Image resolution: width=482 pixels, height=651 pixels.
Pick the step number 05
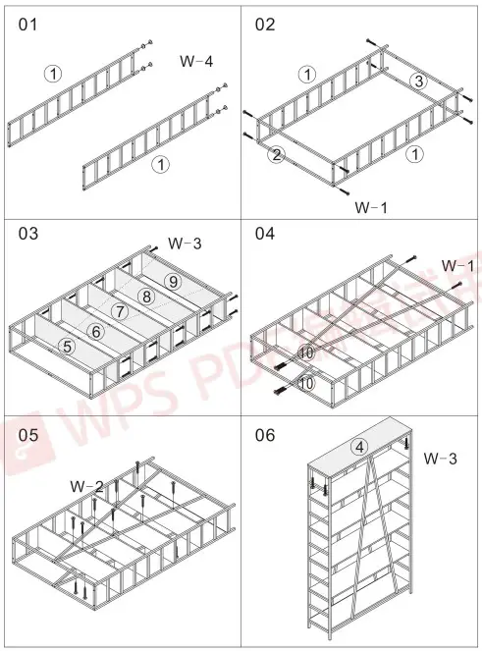tap(29, 435)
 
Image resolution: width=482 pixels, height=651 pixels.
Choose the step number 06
tap(265, 435)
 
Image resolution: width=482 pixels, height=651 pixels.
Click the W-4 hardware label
tap(196, 62)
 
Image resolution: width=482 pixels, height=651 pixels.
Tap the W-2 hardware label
tap(87, 486)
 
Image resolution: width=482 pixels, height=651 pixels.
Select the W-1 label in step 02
tap(370, 207)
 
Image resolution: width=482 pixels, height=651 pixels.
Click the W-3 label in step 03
tap(184, 243)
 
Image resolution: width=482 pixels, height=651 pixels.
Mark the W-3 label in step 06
tap(440, 458)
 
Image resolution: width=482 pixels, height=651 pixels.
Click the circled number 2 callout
tap(277, 155)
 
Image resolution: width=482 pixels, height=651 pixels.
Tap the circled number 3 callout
tap(417, 81)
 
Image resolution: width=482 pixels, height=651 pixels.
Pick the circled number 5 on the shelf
tap(67, 346)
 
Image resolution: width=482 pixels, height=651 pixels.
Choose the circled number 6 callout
tap(96, 331)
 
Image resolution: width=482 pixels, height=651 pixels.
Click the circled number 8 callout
tap(146, 296)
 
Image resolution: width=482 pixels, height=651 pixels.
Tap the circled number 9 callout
tap(172, 281)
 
